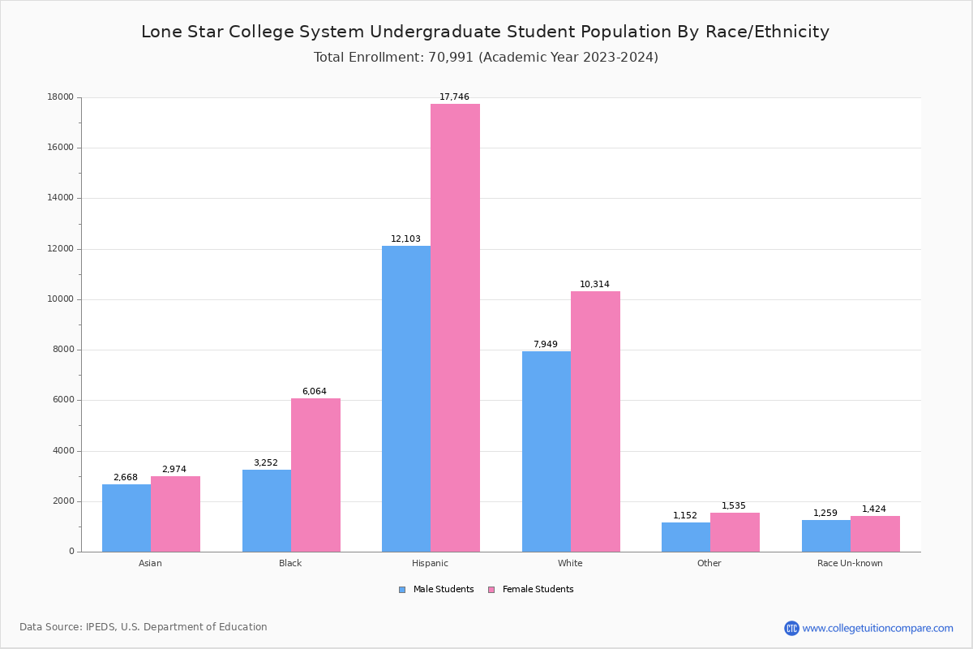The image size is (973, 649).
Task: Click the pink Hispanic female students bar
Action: pyautogui.click(x=455, y=328)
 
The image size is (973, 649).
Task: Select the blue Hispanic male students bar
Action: pyautogui.click(x=406, y=398)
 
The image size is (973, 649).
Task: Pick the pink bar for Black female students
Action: pyautogui.click(x=315, y=475)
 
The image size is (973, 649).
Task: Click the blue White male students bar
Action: pyautogui.click(x=547, y=451)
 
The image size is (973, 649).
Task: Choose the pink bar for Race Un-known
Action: pyautogui.click(x=875, y=534)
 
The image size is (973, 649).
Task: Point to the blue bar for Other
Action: pyautogui.click(x=686, y=537)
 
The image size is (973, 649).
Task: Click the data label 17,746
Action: pyautogui.click(x=454, y=97)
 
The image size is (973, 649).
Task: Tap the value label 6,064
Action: pyautogui.click(x=315, y=392)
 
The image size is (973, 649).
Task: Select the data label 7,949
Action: pyautogui.click(x=545, y=345)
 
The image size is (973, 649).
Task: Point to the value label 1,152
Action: pyautogui.click(x=685, y=516)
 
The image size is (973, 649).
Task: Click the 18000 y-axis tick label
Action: pyautogui.click(x=61, y=97)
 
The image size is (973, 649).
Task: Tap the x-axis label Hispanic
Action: pyautogui.click(x=430, y=563)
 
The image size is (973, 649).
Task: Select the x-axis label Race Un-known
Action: pyautogui.click(x=850, y=563)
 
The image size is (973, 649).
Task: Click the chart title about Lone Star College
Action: pyautogui.click(x=485, y=32)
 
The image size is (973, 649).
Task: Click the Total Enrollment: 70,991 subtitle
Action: pyautogui.click(x=486, y=58)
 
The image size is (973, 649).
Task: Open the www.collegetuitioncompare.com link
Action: pyautogui.click(x=877, y=628)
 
